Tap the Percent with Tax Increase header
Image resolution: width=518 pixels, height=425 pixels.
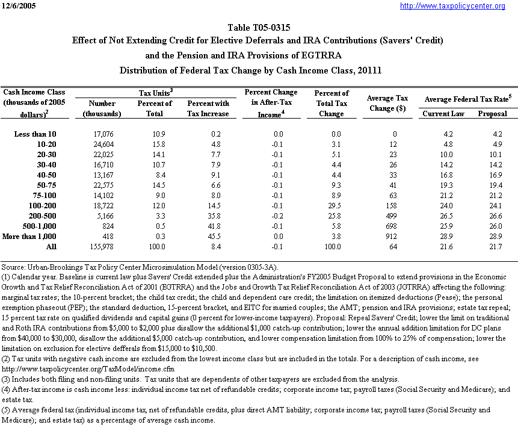pyautogui.click(x=208, y=108)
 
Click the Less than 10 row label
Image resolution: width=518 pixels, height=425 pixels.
pyautogui.click(x=35, y=134)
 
